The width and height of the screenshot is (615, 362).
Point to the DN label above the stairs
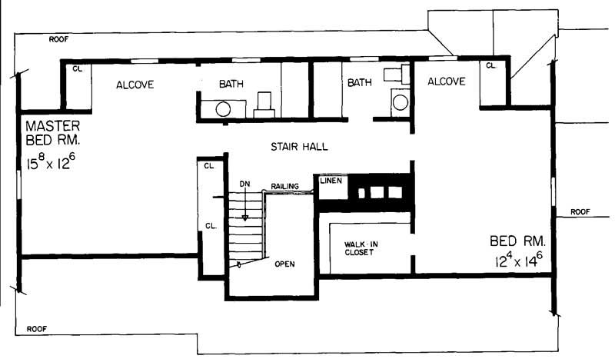pyautogui.click(x=244, y=184)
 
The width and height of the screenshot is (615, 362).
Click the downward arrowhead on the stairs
pyautogui.click(x=245, y=218)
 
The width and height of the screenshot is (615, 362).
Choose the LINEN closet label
pyautogui.click(x=331, y=181)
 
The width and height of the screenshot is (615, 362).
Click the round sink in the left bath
pyautogui.click(x=223, y=109)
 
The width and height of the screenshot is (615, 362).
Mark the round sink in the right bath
pyautogui.click(x=398, y=101)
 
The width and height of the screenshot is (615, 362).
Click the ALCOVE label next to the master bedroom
pyautogui.click(x=135, y=85)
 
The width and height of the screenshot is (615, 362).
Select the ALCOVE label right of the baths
pyautogui.click(x=446, y=81)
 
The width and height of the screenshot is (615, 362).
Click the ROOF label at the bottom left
pyautogui.click(x=37, y=328)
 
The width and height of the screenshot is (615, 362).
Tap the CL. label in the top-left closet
pyautogui.click(x=78, y=68)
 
